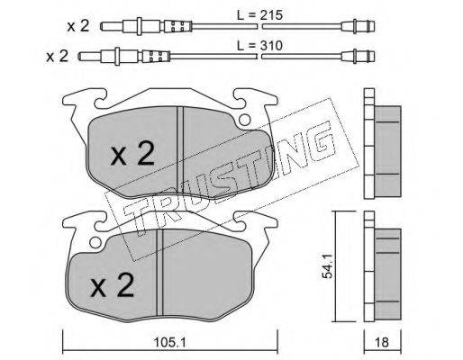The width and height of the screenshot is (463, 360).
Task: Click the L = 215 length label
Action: click(x=259, y=15)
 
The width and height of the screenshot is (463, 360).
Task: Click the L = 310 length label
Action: click(x=259, y=46)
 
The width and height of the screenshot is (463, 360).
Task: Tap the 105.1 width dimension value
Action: click(x=169, y=342)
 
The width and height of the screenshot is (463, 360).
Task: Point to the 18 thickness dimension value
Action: click(x=381, y=342)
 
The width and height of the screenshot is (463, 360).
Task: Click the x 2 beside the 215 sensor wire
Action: click(x=78, y=26)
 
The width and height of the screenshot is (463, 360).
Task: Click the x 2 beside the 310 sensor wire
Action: click(x=57, y=56)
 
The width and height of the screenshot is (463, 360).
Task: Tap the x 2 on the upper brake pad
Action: click(x=132, y=154)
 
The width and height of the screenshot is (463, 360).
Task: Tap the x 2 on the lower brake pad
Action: click(x=112, y=285)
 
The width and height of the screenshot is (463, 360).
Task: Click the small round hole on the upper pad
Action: click(x=245, y=120)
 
